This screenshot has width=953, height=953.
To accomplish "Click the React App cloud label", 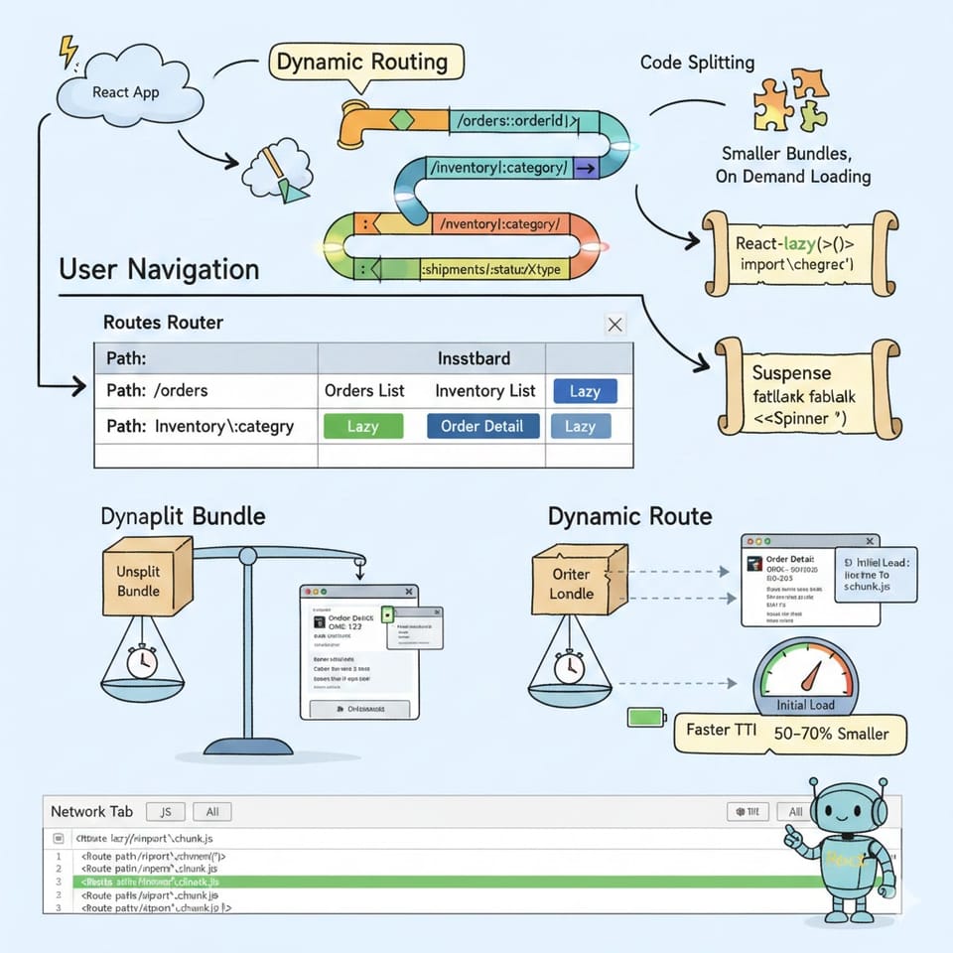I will coord(125,91).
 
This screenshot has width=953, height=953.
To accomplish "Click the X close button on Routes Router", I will coord(614,325).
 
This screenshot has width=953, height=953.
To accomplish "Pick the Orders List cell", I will coord(364,391).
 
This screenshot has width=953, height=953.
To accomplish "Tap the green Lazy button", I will coord(363,426).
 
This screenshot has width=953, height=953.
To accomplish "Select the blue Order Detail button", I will coord(482,426).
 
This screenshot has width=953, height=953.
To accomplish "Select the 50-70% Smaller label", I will coord(830,735).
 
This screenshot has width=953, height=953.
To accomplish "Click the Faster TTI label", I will coord(722,731).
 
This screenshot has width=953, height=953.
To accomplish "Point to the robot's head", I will coord(842,804).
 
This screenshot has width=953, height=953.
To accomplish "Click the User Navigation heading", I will coord(159,270).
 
